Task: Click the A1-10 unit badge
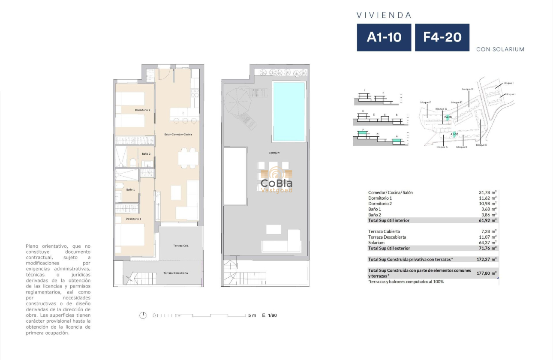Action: point(384,37)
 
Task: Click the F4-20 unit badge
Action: point(442,37)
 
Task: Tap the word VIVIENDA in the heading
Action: point(384,15)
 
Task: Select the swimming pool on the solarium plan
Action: point(289,111)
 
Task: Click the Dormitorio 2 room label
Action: point(142,110)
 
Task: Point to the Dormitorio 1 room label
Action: point(133,219)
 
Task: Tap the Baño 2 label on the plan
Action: point(146,153)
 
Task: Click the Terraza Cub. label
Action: point(181,246)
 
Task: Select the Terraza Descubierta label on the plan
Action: point(175,273)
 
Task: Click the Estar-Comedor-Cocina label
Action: point(178,135)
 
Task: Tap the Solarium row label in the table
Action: point(376,243)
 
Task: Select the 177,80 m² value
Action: point(487,273)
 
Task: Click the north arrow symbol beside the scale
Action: point(143,315)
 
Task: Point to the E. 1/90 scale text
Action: point(269,315)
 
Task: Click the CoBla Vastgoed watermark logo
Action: point(276,180)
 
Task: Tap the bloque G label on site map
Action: point(467,89)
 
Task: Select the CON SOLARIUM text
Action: point(500,49)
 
